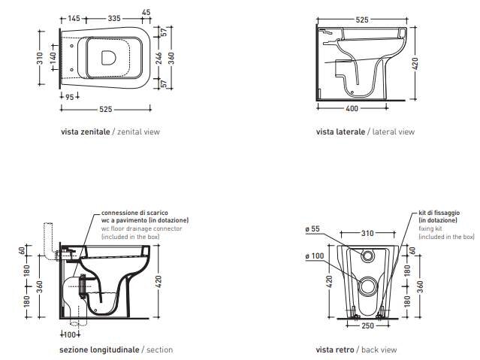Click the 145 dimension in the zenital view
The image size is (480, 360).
coord(74,19)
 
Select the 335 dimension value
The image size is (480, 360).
coord(114,19)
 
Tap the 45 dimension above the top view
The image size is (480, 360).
coord(146,12)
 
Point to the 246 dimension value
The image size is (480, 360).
coord(158,58)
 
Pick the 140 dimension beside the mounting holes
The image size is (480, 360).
coord(53,58)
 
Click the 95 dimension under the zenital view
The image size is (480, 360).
coord(70,97)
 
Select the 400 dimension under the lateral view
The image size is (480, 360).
coord(352,108)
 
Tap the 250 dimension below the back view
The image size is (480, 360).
coord(367,325)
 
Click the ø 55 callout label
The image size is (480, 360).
coord(312,229)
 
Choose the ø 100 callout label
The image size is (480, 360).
coord(315,256)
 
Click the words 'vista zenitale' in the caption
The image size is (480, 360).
coord(86,132)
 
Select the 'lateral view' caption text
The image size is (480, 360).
coord(394,132)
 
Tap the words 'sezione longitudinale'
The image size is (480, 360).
coord(99,349)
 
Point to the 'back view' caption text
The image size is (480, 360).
coord(379,349)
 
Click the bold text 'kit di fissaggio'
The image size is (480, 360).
coord(439,213)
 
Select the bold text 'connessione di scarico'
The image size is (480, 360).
coord(134,213)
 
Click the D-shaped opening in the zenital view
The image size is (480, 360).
coord(108,58)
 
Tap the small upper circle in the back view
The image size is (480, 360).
coord(367,256)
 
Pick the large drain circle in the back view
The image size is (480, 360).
coord(367,286)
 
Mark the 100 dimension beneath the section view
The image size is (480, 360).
coord(71,334)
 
